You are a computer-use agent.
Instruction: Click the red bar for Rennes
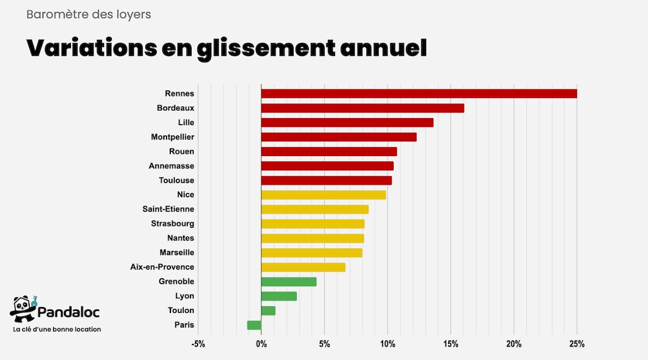pyautogui.click(x=419, y=94)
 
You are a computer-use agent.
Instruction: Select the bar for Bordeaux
pyautogui.click(x=362, y=108)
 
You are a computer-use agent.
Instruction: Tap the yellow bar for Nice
pyautogui.click(x=323, y=195)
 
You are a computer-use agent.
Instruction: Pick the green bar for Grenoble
pyautogui.click(x=289, y=281)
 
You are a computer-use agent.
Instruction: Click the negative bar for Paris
pyautogui.click(x=254, y=325)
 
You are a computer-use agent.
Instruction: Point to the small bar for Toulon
pyautogui.click(x=268, y=310)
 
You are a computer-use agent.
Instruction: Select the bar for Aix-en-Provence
pyautogui.click(x=303, y=267)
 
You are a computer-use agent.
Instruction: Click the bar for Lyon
pyautogui.click(x=279, y=296)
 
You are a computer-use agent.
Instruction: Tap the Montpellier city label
pyautogui.click(x=172, y=137)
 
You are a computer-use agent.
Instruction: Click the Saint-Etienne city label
pyautogui.click(x=168, y=209)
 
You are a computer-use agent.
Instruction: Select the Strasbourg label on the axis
pyautogui.click(x=172, y=224)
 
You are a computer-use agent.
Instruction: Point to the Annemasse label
pyautogui.click(x=171, y=166)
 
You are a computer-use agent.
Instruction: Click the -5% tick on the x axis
pyautogui.click(x=197, y=344)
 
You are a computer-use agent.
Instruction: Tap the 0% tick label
pyautogui.click(x=261, y=344)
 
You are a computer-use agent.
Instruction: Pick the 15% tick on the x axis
pyautogui.click(x=451, y=344)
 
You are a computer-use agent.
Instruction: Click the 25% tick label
pyautogui.click(x=576, y=344)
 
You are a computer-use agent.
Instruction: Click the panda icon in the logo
pyautogui.click(x=23, y=309)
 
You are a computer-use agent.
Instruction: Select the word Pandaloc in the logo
pyautogui.click(x=68, y=313)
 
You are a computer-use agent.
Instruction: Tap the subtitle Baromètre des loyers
pyautogui.click(x=88, y=14)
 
